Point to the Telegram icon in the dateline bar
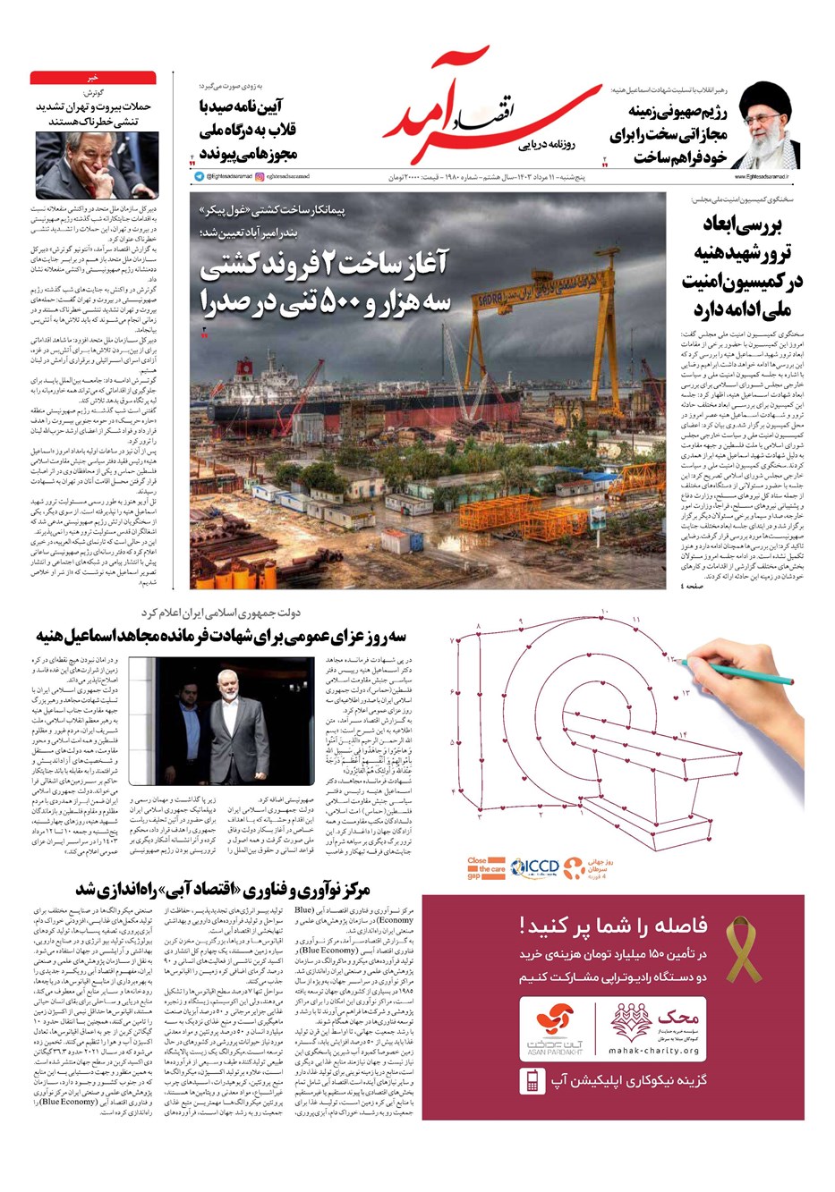(x=199, y=177)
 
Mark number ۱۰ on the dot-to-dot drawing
(x=604, y=611)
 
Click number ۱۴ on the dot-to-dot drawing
(x=683, y=734)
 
